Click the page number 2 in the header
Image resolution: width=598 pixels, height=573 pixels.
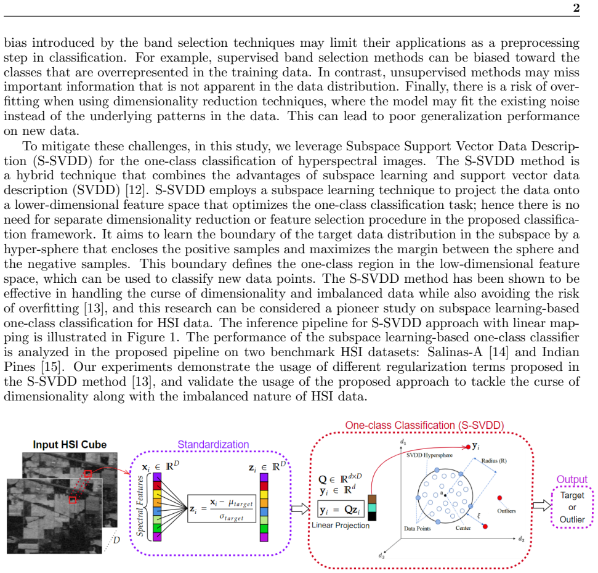tap(576, 7)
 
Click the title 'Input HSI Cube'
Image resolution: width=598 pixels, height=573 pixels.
tap(70, 444)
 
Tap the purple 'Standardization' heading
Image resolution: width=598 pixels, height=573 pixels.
tap(213, 444)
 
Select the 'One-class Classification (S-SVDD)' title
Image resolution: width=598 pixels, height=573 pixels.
tap(424, 425)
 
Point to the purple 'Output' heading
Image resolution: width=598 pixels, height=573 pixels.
tap(572, 479)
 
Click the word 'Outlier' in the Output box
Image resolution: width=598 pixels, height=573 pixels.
tap(572, 519)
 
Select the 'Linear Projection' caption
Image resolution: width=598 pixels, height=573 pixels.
tap(341, 526)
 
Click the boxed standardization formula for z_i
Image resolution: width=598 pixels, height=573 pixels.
tap(222, 509)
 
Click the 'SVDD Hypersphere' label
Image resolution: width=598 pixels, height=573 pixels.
tap(429, 455)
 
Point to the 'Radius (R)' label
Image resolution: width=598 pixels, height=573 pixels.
tap(494, 460)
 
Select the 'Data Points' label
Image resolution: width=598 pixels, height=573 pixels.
tap(417, 529)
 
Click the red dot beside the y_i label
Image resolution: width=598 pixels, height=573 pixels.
tap(468, 447)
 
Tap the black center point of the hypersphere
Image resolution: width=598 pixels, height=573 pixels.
tap(445, 495)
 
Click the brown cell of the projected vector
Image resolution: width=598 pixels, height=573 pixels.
tap(372, 499)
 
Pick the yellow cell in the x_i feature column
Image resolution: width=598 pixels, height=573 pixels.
tap(157, 494)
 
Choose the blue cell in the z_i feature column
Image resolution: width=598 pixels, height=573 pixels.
tap(264, 511)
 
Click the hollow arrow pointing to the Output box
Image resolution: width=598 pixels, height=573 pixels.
tap(542, 505)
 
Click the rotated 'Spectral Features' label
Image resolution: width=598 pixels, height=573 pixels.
tap(140, 506)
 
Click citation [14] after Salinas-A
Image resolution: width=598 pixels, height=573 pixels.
tap(499, 352)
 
